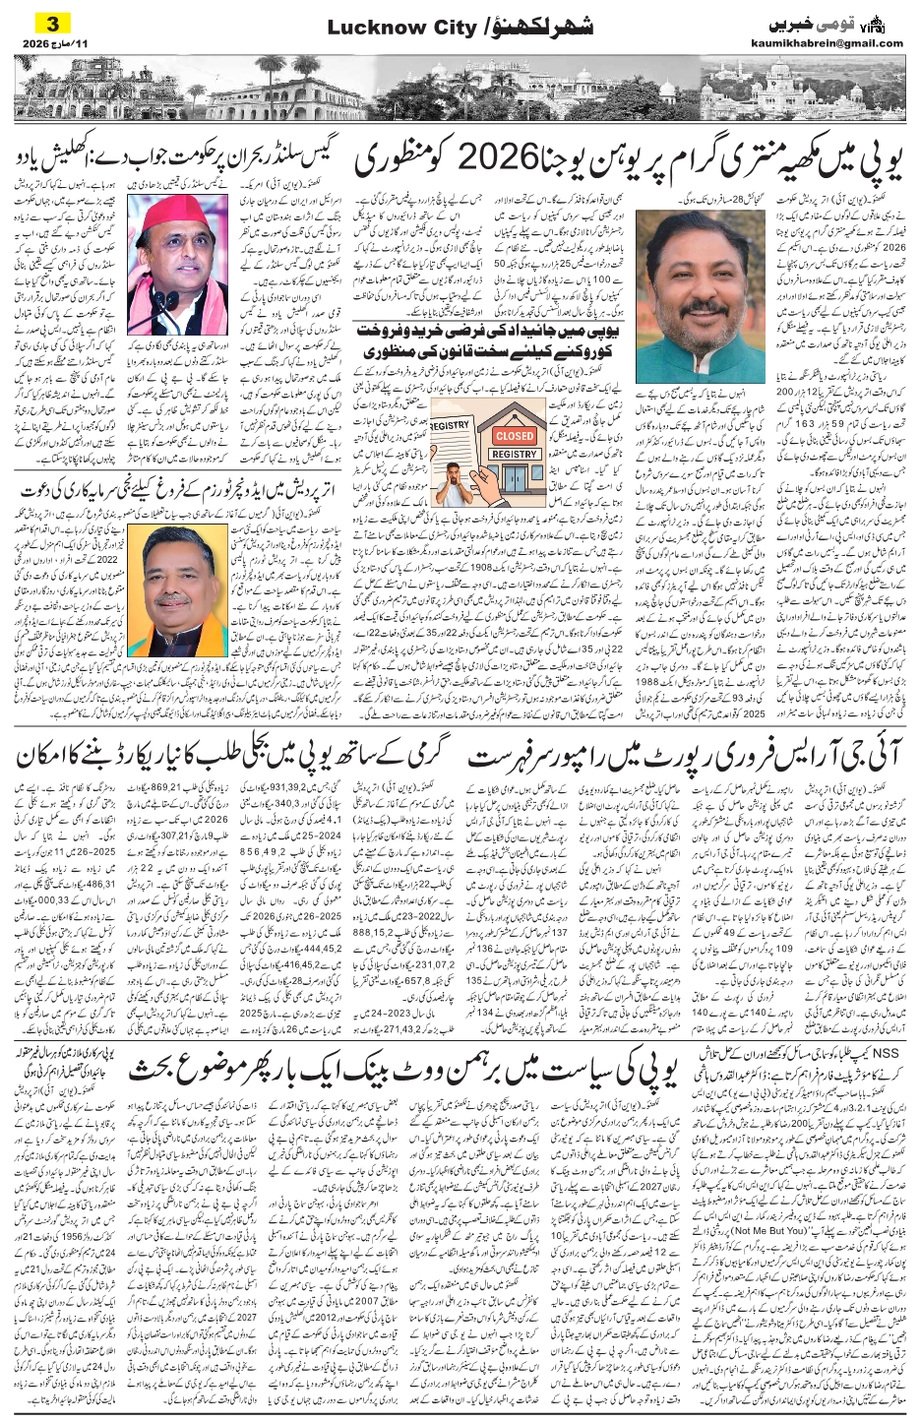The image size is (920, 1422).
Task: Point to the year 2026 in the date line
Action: tap(34, 44)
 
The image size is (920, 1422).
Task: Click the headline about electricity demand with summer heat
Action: tap(232, 758)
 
